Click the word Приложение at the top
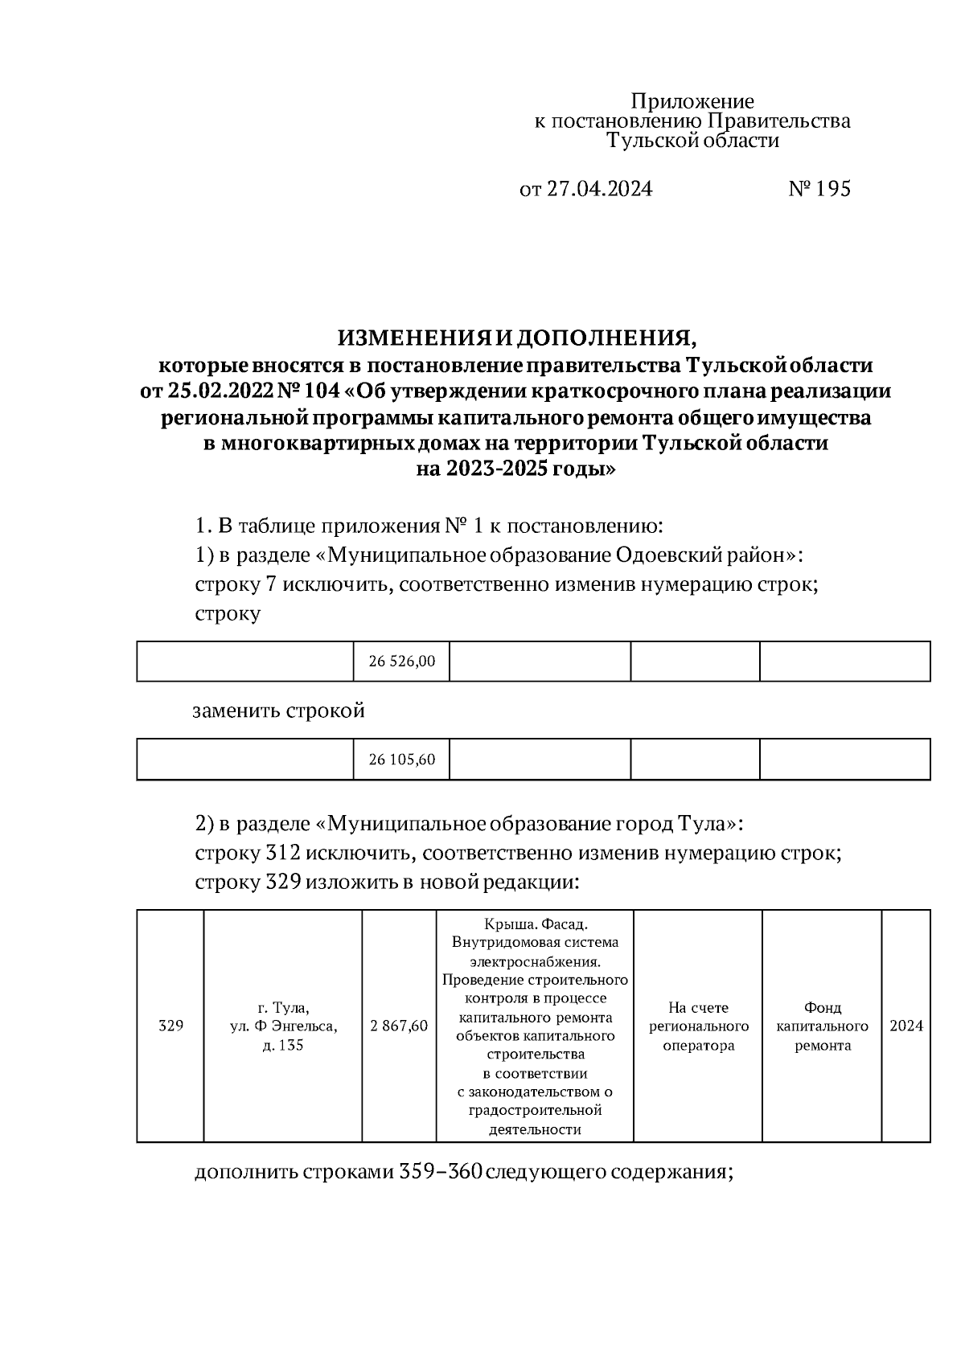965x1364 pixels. point(692,101)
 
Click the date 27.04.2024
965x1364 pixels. point(599,189)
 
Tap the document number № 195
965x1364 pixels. point(819,189)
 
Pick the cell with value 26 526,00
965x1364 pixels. point(401,662)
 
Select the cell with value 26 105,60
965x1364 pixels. point(401,760)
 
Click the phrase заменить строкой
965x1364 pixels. point(278,711)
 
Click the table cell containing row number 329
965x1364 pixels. point(170,1026)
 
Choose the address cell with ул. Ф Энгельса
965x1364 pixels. point(283,1026)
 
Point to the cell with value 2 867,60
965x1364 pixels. point(399,1026)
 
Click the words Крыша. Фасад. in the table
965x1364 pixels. point(535,924)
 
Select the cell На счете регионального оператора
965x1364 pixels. point(698,1026)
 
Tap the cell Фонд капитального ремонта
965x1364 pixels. point(823,1026)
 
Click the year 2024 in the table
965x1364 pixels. point(906,1026)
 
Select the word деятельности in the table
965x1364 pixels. point(535,1129)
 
